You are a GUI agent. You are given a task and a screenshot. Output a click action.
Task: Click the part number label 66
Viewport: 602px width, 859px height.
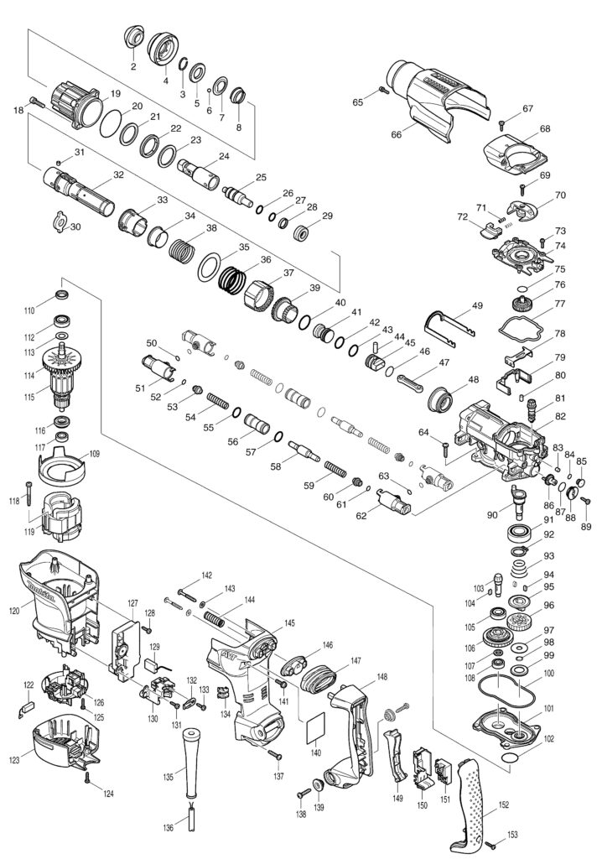(397, 134)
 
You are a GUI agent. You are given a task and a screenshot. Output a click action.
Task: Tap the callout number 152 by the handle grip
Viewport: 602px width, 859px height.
(504, 804)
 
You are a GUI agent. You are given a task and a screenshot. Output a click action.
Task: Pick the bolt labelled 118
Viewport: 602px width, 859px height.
(29, 489)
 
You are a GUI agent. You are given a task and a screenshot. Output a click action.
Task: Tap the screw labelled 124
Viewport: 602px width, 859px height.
(88, 779)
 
